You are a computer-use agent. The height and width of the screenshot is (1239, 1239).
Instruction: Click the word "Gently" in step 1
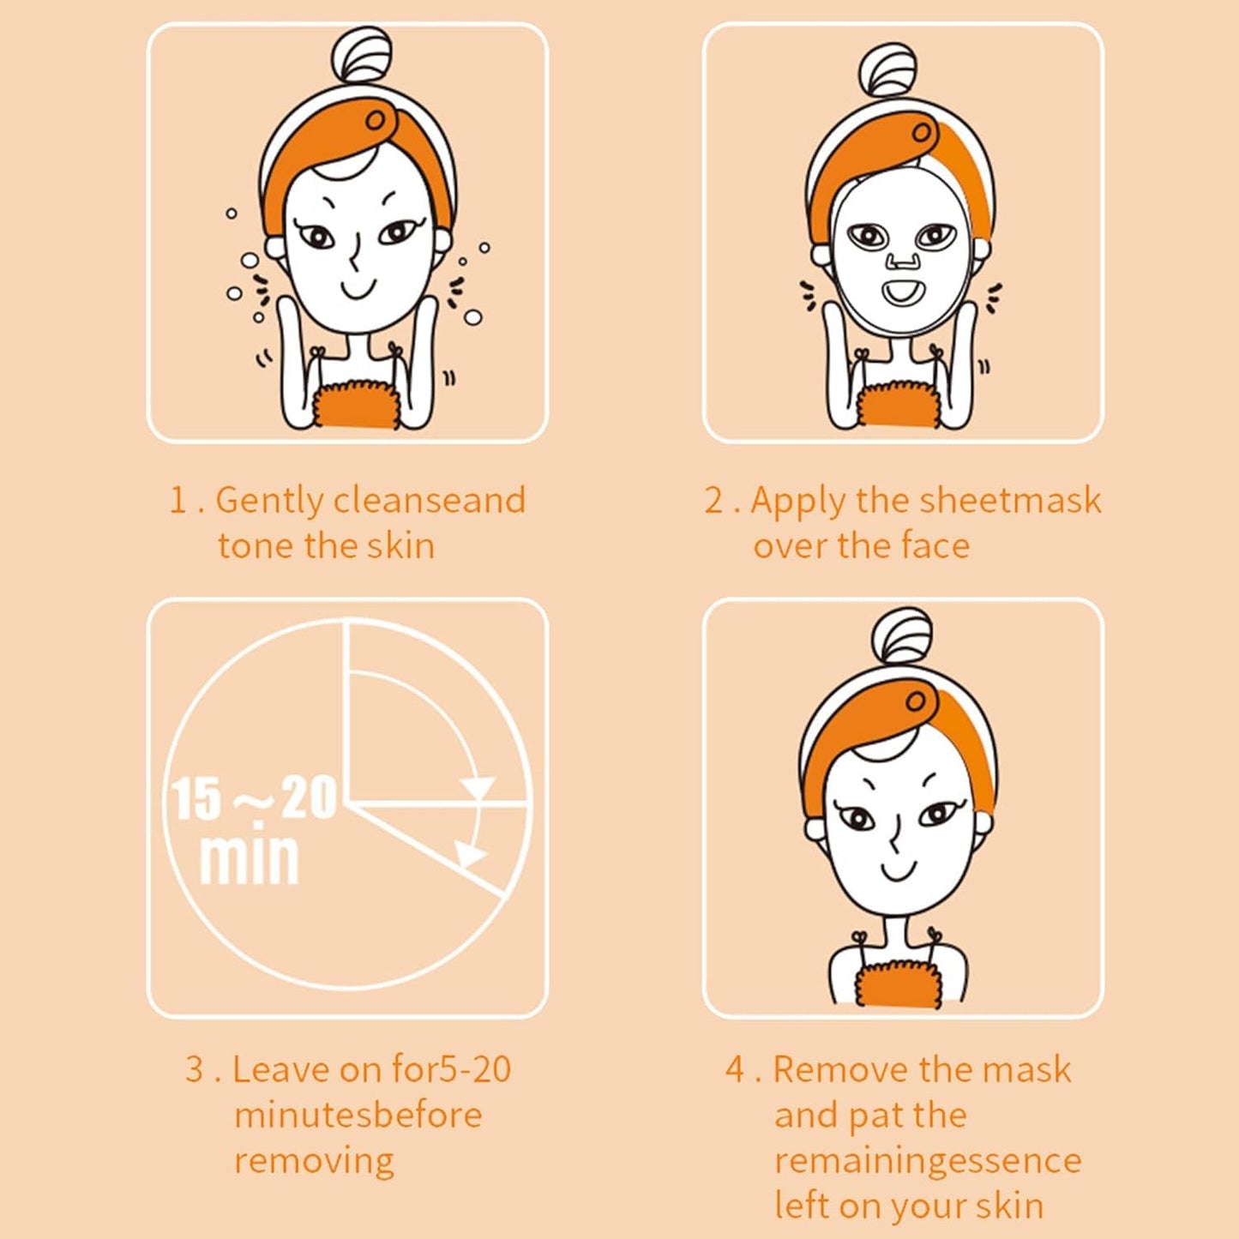pyautogui.click(x=270, y=502)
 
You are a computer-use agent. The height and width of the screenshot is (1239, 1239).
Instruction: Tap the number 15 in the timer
pyautogui.click(x=194, y=799)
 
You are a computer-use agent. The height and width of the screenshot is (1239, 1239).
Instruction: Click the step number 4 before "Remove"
pyautogui.click(x=735, y=1069)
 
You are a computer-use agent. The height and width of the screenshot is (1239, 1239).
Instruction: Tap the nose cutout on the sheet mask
pyautogui.click(x=900, y=260)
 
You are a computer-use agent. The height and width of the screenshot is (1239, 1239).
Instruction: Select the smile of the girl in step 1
pyautogui.click(x=358, y=289)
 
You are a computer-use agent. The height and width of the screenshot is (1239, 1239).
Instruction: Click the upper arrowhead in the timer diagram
pyautogui.click(x=478, y=788)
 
